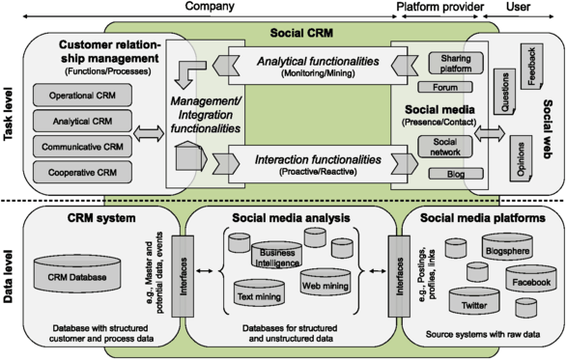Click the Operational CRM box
click(76, 97)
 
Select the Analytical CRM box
click(76, 123)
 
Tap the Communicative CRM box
click(76, 148)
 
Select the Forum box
click(444, 88)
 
